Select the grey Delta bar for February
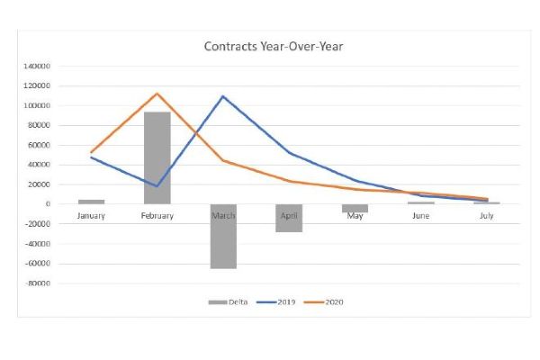pos(157,157)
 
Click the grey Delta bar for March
pos(223,236)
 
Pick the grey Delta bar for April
pos(289,218)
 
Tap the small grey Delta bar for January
pos(91,202)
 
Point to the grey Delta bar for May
pos(355,208)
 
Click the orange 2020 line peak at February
pos(157,94)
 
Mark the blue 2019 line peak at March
pos(223,96)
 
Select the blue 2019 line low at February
pos(157,186)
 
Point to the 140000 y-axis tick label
pos(38,66)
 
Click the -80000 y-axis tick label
pos(38,283)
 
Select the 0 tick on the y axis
pos(47,204)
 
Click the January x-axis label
pos(91,217)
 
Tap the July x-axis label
pos(487,217)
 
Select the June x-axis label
pos(420,217)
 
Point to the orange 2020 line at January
pos(92,152)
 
